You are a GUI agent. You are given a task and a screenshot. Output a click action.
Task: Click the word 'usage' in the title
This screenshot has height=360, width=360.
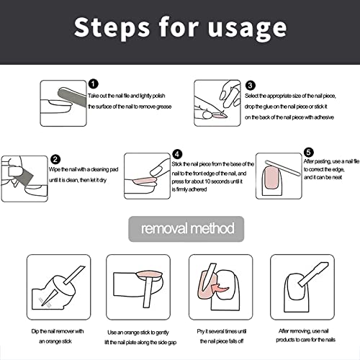(247, 28)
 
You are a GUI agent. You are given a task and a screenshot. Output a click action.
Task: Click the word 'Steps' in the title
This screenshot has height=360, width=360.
(112, 27)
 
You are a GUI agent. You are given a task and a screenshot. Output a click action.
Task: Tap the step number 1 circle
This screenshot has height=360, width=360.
(94, 84)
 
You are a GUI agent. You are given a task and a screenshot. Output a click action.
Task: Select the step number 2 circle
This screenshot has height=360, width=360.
(55, 159)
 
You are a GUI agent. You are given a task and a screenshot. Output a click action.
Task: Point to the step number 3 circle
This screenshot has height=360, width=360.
(251, 85)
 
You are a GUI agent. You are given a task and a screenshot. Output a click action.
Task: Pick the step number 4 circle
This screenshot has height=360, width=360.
(177, 154)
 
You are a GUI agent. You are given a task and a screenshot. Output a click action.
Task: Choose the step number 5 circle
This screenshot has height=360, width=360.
(309, 152)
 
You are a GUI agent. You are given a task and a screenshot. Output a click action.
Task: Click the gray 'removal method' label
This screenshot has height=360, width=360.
(186, 229)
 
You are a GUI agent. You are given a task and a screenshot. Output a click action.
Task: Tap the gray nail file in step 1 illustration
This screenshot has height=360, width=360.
(72, 97)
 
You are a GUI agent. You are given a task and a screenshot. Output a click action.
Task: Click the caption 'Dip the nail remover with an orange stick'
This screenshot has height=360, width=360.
(57, 336)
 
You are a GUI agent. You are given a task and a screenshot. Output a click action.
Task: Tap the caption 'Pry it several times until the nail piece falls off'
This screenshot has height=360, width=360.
(222, 336)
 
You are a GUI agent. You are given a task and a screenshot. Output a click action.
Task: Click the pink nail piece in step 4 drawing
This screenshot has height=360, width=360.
(144, 181)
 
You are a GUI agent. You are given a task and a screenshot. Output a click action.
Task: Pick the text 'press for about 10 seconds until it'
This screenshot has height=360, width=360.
(207, 181)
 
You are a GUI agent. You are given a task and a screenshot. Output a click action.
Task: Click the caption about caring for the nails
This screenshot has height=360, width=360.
(305, 336)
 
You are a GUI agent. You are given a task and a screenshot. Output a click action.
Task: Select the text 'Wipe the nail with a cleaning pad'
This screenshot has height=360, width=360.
(84, 169)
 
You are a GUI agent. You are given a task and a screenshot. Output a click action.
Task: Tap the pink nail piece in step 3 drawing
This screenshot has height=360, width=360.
(220, 116)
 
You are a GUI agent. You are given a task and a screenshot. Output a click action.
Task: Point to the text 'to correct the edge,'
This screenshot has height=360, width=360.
(324, 169)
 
